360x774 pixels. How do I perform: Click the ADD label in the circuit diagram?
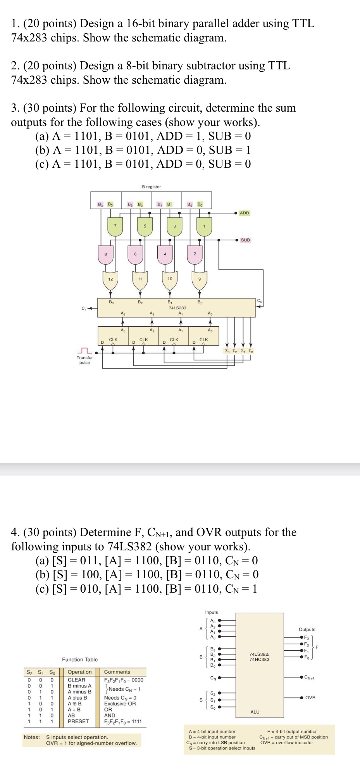245,213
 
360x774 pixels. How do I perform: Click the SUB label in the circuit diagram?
245,240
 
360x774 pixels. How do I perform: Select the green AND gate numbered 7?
115,227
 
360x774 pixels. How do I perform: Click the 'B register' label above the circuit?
151,187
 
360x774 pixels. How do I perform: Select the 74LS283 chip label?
177,308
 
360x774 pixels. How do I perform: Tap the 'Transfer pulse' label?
84,360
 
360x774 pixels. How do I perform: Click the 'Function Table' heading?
80,659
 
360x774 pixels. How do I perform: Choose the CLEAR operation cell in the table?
76,679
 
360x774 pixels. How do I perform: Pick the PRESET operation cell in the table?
78,721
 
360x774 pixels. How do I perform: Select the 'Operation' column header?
79,672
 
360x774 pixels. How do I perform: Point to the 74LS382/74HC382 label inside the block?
259,657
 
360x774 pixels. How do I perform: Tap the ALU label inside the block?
255,712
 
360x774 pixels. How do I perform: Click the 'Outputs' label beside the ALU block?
307,629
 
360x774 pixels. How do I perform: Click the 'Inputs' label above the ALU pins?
212,612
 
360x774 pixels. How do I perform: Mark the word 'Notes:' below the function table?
31,737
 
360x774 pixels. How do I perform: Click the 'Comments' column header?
117,672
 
